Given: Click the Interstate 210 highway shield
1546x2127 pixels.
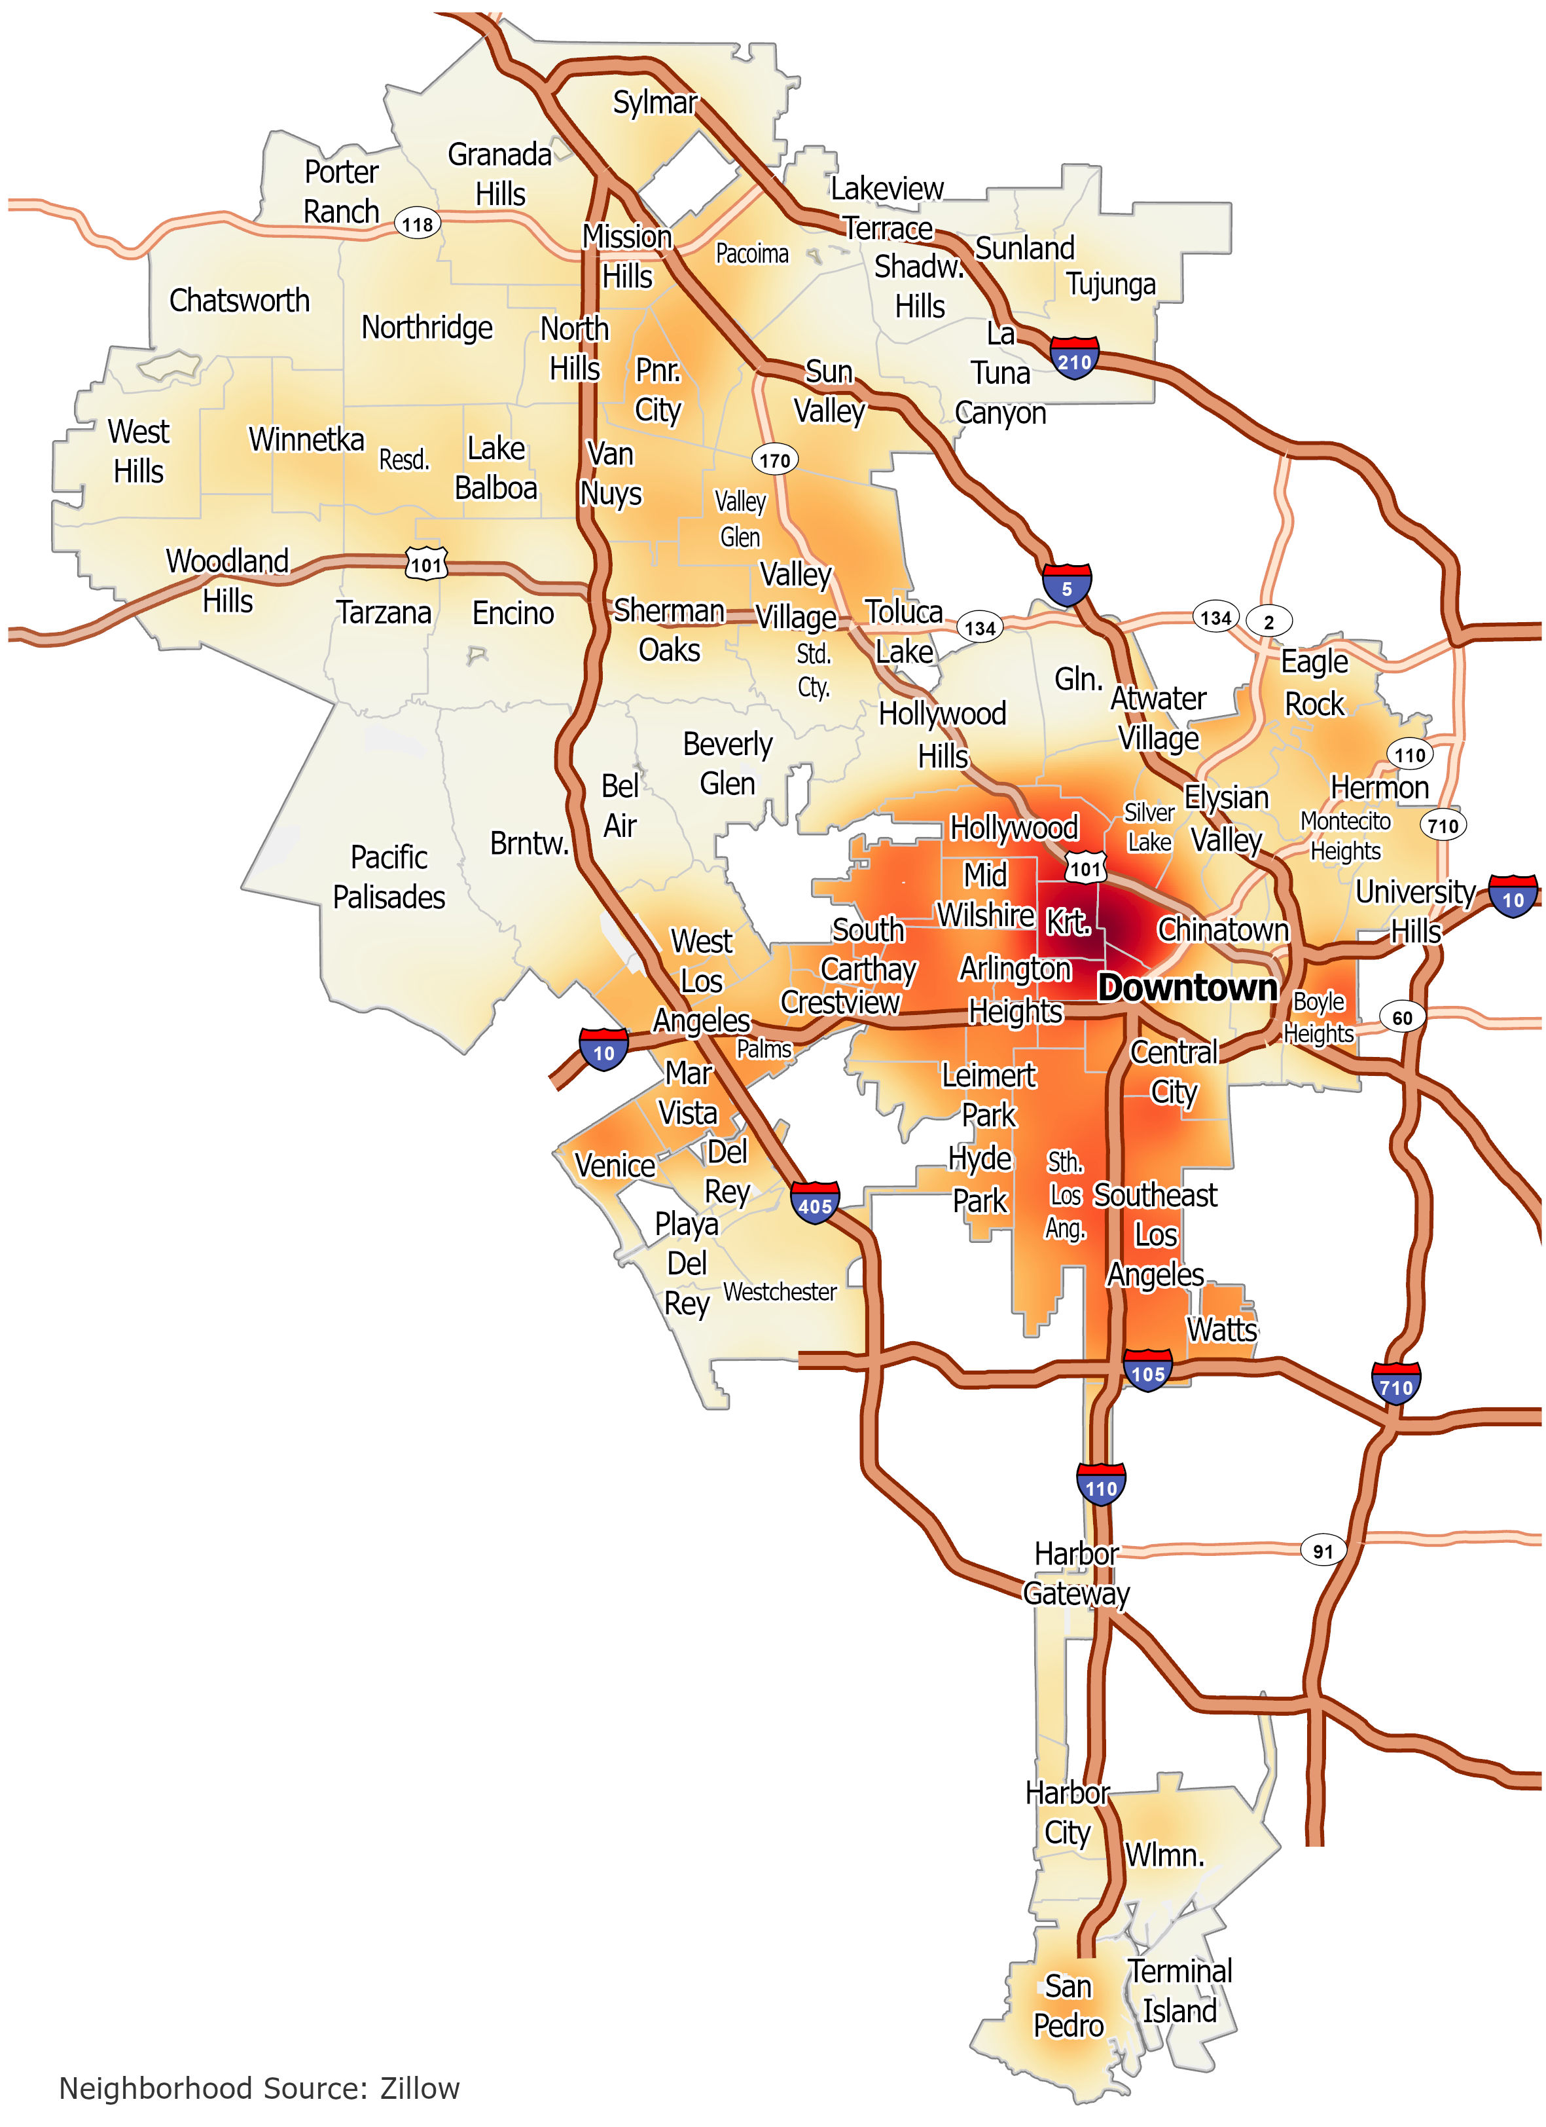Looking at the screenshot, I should [1075, 359].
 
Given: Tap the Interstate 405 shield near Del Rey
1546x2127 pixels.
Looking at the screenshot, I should [815, 1203].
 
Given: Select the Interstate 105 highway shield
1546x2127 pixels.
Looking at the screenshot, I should [1147, 1372].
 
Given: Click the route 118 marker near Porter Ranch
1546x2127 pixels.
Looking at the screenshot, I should [417, 224].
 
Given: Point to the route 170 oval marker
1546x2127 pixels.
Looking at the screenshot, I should [774, 460].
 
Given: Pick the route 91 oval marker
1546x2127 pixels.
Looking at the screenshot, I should [1322, 1551].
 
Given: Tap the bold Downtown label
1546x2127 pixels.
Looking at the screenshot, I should [1187, 988].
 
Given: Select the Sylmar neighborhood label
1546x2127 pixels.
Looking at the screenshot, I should [655, 102].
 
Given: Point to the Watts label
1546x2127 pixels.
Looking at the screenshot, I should [1221, 1330].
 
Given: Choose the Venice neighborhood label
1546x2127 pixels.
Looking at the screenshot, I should [615, 1166].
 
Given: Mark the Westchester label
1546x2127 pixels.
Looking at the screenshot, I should [780, 1292].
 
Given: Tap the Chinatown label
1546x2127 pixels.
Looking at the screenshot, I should [1223, 929].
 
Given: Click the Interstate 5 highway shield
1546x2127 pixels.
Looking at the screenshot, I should [1067, 587].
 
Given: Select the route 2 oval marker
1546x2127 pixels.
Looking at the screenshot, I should [1268, 621].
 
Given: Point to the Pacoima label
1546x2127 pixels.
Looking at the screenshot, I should [752, 254].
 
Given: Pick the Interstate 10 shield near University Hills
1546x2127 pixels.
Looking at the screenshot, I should [1512, 898].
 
